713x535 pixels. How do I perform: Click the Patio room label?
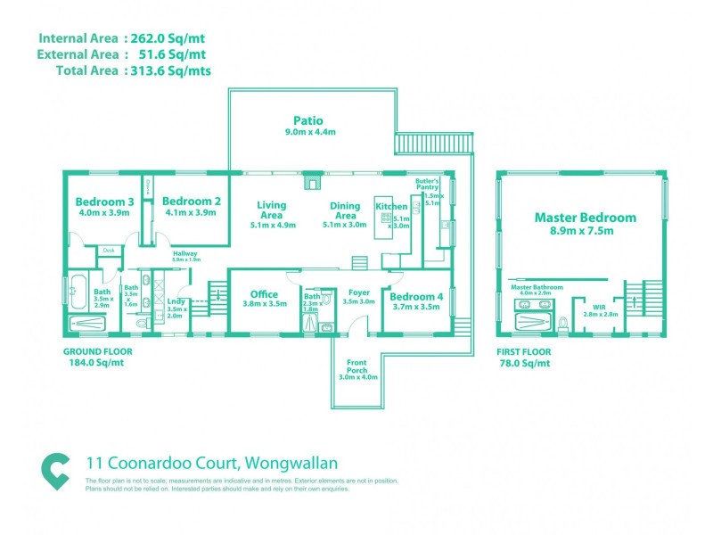pyautogui.click(x=307, y=120)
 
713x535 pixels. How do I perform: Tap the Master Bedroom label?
pyautogui.click(x=585, y=217)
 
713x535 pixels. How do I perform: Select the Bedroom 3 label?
pyautogui.click(x=104, y=202)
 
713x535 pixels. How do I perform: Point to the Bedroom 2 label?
pyautogui.click(x=192, y=202)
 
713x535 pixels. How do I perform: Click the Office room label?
pyautogui.click(x=264, y=294)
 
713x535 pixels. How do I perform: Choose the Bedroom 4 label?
pyautogui.click(x=416, y=296)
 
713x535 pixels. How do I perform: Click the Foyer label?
pyautogui.click(x=359, y=292)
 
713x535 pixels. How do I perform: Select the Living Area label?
pyautogui.click(x=271, y=210)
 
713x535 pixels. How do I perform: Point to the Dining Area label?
pyautogui.click(x=345, y=210)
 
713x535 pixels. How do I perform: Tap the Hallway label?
pyautogui.click(x=184, y=253)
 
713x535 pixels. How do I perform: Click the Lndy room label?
pyautogui.click(x=175, y=301)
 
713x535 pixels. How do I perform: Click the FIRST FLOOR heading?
pyautogui.click(x=523, y=351)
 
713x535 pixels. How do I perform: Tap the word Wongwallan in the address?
pyautogui.click(x=289, y=463)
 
